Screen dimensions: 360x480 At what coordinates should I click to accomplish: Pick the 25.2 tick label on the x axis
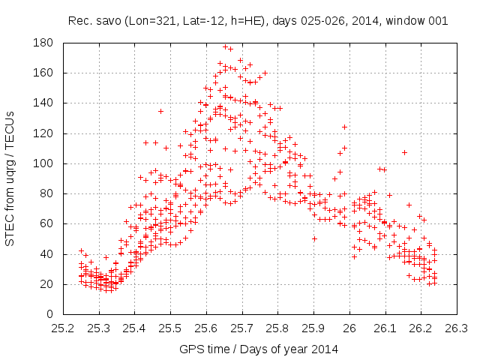63,328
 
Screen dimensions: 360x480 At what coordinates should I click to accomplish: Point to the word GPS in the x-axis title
190,349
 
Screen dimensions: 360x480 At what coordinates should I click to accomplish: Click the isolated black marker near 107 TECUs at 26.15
404,152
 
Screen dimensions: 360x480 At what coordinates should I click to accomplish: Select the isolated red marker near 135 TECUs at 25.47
160,111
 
